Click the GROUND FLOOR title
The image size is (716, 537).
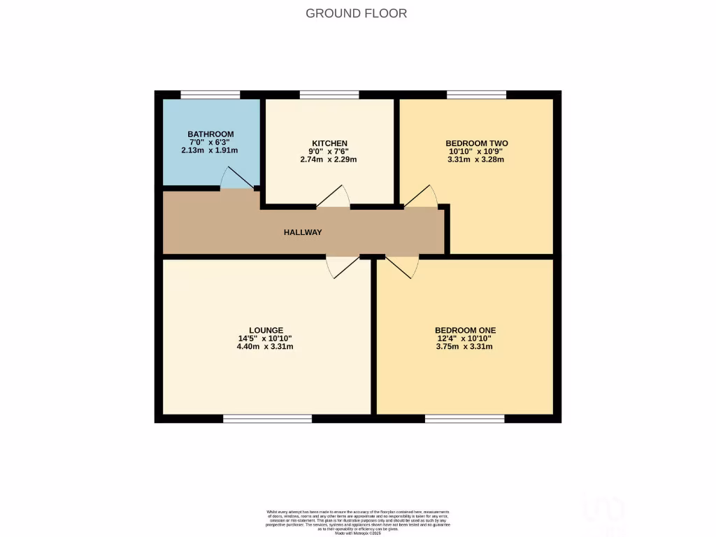(x=357, y=13)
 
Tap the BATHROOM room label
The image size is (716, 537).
(x=210, y=134)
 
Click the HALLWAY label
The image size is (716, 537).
(x=303, y=232)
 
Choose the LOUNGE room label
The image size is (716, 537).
(x=266, y=330)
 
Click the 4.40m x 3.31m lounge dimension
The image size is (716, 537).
(x=265, y=346)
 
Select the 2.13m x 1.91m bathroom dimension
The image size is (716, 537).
(x=210, y=150)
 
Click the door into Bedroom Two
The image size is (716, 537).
(x=421, y=196)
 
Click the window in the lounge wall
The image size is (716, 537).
(x=268, y=419)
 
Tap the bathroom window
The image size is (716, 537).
(x=210, y=94)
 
